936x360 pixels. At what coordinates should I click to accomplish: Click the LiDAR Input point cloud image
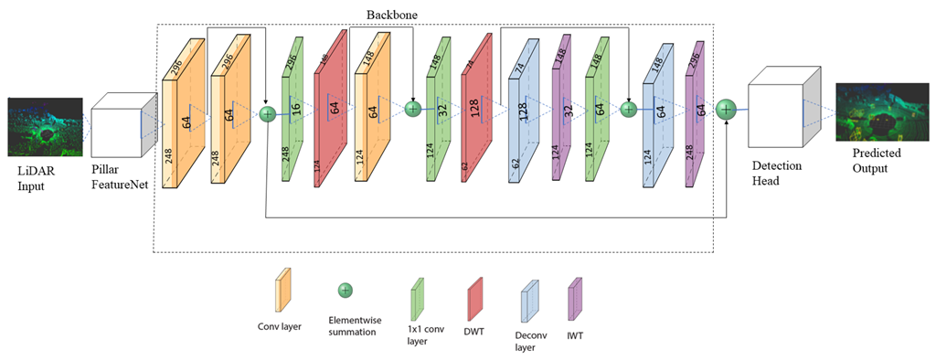pyautogui.click(x=46, y=127)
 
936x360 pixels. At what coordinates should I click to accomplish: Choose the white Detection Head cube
pyautogui.click(x=779, y=114)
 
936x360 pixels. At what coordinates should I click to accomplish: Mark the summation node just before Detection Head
pyautogui.click(x=726, y=109)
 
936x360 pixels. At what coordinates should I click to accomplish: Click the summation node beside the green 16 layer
pyautogui.click(x=267, y=114)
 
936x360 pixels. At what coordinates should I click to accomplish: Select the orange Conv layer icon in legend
pyautogui.click(x=282, y=290)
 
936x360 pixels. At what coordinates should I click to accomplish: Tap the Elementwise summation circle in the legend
pyautogui.click(x=346, y=291)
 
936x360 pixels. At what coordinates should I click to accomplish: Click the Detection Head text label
pyautogui.click(x=779, y=175)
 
